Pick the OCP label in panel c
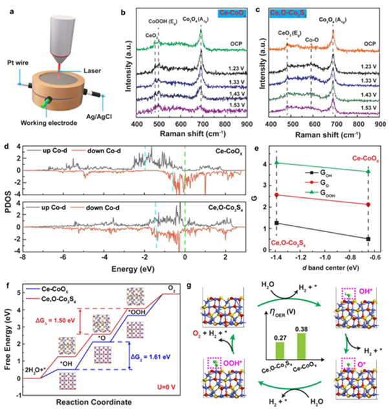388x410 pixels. pyautogui.click(x=369, y=44)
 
